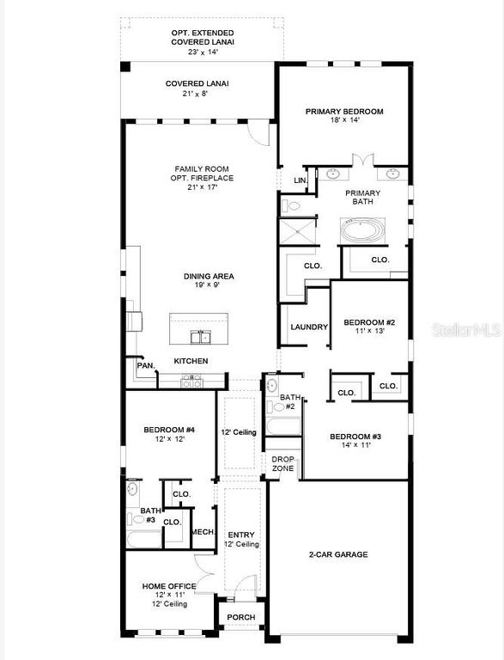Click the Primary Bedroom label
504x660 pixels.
pos(344,112)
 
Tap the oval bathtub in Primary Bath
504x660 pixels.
pos(364,230)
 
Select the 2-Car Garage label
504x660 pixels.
pos(338,554)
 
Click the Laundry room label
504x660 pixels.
pos(309,327)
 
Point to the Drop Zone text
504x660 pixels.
pos(283,463)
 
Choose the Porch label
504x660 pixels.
pos(240,617)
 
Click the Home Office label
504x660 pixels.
pos(169,586)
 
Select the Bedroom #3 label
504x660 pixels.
pos(355,437)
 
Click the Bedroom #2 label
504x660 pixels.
pos(369,322)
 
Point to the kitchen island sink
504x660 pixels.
pos(200,336)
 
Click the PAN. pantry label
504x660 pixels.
pos(145,365)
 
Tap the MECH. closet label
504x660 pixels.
pos(203,532)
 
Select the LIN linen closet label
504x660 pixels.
pos(300,180)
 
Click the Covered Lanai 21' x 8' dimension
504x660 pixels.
pos(197,94)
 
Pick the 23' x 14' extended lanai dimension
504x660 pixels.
pos(203,52)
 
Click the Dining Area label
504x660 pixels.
pos(209,277)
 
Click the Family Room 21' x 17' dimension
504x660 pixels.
pos(203,187)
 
